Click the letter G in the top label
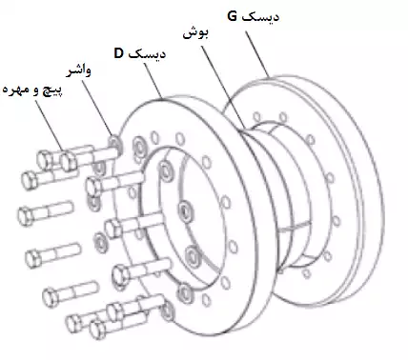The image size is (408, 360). point(235,16)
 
